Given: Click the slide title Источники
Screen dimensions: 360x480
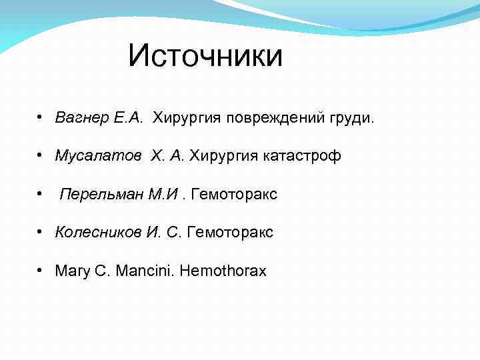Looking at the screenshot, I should point(205,55).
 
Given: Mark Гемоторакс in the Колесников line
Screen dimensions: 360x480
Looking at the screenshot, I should point(231,232).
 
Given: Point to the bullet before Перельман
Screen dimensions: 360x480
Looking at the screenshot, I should point(41,195).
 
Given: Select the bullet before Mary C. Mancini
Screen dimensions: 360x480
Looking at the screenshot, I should point(41,271).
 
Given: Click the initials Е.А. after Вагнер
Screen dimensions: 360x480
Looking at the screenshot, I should point(128,118).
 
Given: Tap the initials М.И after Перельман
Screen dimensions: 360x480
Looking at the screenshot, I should point(165,194).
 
